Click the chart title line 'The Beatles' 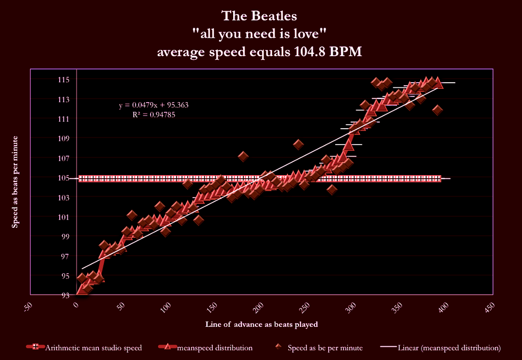[x=259, y=16]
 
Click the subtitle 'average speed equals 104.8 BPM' [x=259, y=52]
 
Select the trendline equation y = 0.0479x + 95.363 [x=154, y=106]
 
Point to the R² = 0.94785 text [x=154, y=115]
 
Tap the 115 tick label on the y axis [x=64, y=80]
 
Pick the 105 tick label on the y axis [x=64, y=178]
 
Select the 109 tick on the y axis [x=64, y=138]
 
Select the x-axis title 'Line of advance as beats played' [x=262, y=324]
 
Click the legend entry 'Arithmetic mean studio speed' [x=84, y=348]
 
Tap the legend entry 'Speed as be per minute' [x=318, y=348]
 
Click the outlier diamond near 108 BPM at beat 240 [x=299, y=145]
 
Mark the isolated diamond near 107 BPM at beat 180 [x=243, y=156]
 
